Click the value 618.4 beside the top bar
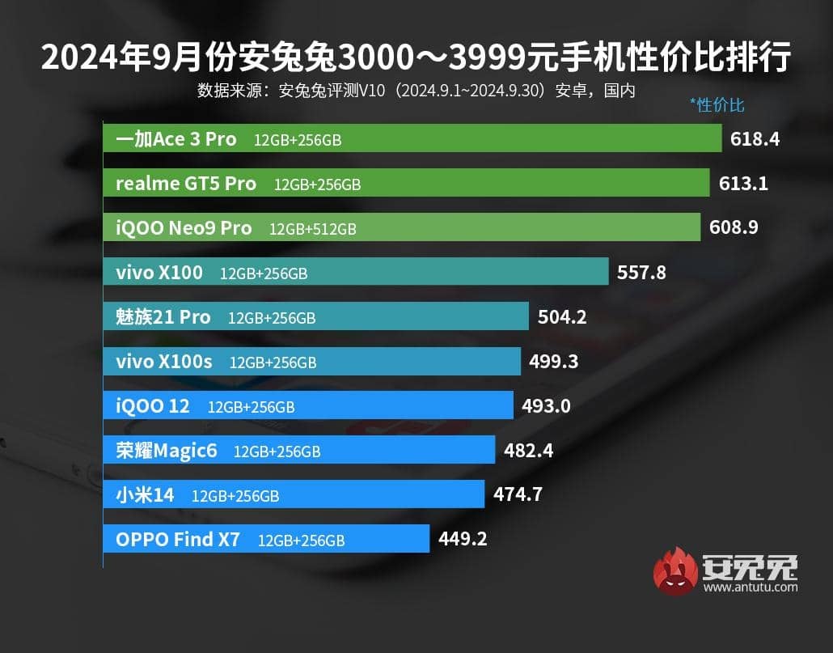click(x=755, y=139)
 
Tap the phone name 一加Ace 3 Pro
click(x=176, y=139)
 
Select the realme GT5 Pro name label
click(x=186, y=184)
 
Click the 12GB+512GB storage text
click(x=313, y=229)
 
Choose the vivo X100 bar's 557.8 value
click(x=641, y=273)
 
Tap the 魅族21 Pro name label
click(x=163, y=317)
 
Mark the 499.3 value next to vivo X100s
click(x=553, y=362)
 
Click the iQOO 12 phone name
click(x=153, y=405)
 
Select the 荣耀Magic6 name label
click(x=167, y=450)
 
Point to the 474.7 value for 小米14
click(x=517, y=494)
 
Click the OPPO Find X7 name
click(x=178, y=539)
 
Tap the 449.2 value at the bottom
click(x=462, y=538)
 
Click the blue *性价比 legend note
click(x=717, y=104)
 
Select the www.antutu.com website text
click(x=751, y=587)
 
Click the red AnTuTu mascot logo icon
click(x=675, y=571)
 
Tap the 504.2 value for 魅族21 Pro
click(x=562, y=317)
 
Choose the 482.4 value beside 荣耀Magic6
click(x=528, y=450)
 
